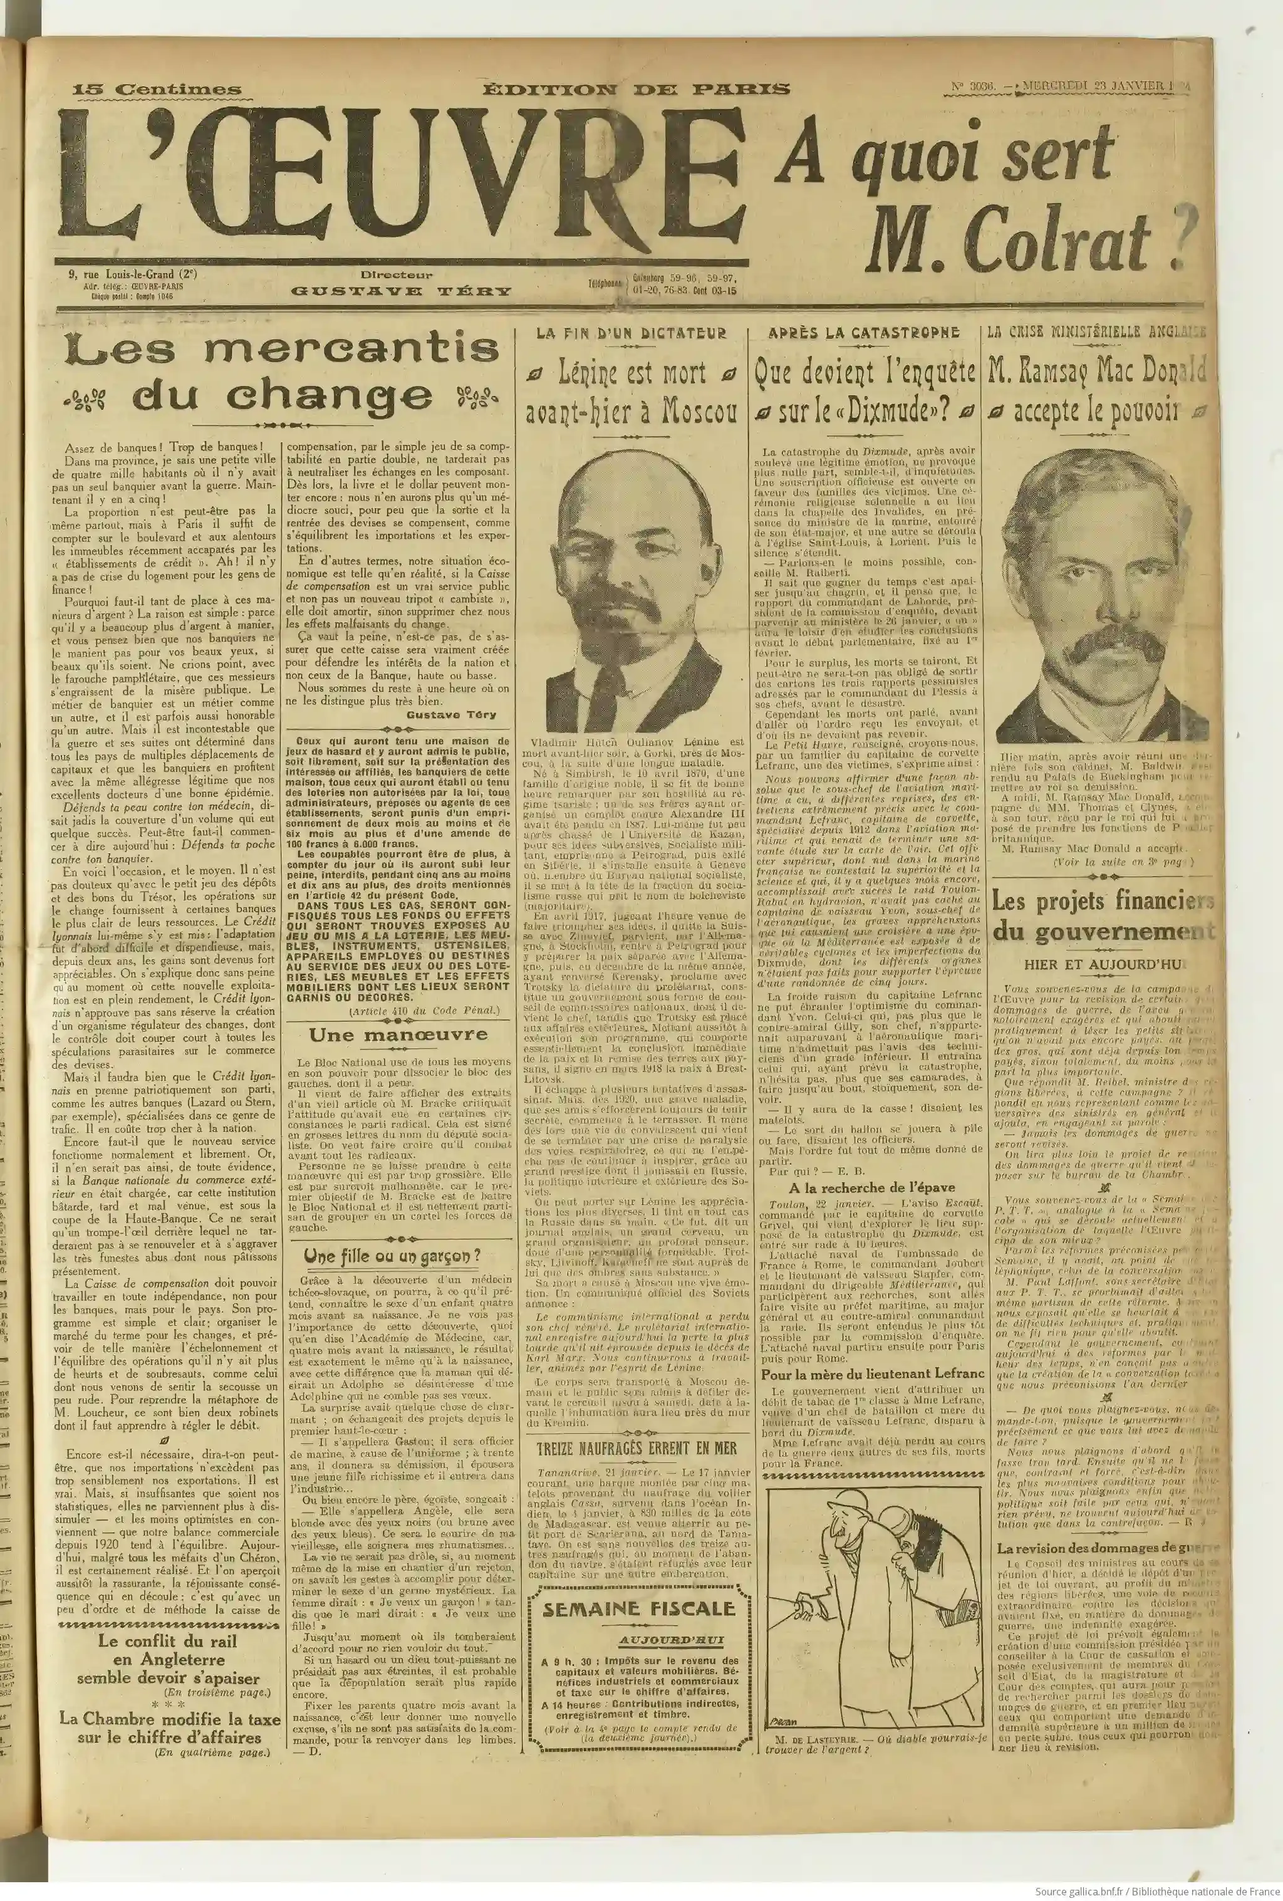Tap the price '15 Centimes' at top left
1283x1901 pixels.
[x=157, y=90]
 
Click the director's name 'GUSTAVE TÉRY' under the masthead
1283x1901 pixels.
[x=402, y=291]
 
